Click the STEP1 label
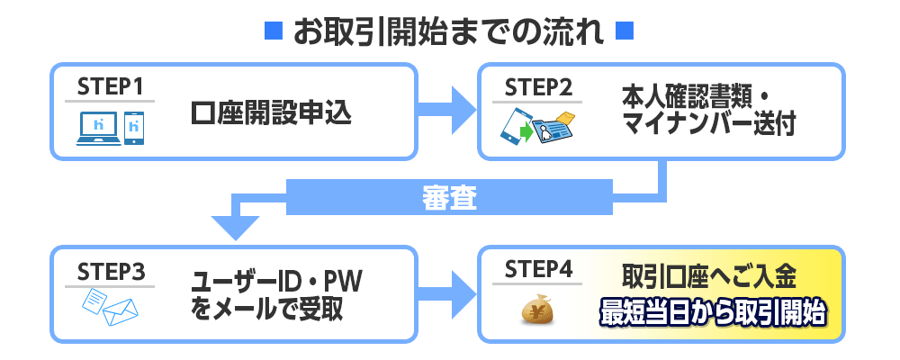click(x=110, y=88)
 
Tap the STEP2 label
click(x=538, y=88)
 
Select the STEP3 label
click(x=110, y=272)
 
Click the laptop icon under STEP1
click(x=99, y=128)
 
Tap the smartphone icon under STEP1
click(x=134, y=128)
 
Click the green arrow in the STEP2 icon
click(x=526, y=132)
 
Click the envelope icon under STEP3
click(x=121, y=312)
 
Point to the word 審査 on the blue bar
click(x=449, y=198)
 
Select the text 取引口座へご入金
click(x=709, y=278)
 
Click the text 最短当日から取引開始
click(x=712, y=312)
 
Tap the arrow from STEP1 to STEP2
click(x=446, y=111)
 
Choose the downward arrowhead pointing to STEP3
click(x=235, y=229)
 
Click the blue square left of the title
click(x=274, y=31)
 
